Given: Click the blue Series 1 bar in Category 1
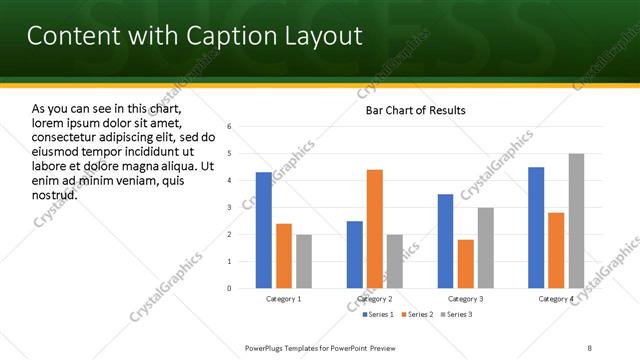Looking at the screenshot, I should click(x=263, y=230).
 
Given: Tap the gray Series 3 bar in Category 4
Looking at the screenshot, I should click(x=576, y=221).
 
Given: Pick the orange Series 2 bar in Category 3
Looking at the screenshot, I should click(x=465, y=264).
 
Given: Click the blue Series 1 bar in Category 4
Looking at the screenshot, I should click(x=536, y=228).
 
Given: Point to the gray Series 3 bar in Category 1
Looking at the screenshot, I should click(x=303, y=262).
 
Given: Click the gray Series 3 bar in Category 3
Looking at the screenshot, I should click(x=485, y=248).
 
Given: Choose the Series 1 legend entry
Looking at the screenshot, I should click(x=377, y=315).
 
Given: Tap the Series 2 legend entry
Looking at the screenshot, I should click(x=415, y=315).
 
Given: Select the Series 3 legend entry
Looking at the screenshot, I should click(x=455, y=315).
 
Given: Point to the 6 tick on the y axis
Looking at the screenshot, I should click(x=230, y=127).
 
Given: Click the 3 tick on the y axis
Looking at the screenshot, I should click(x=230, y=208).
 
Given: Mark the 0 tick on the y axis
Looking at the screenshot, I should click(x=230, y=289).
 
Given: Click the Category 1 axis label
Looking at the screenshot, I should click(x=284, y=299).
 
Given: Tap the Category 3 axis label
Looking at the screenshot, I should click(x=465, y=299).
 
